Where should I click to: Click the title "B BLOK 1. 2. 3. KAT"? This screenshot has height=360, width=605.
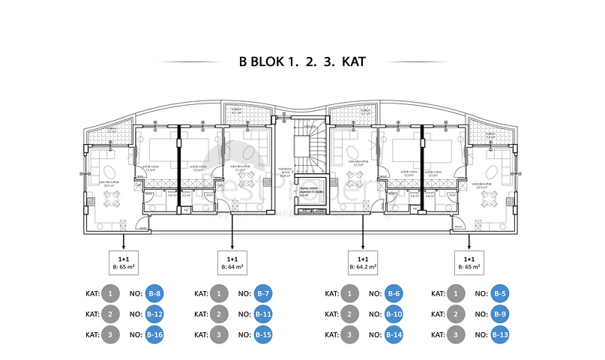click(x=302, y=61)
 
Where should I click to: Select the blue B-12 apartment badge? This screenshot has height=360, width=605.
click(x=154, y=314)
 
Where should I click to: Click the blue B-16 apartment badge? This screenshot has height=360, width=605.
click(x=154, y=334)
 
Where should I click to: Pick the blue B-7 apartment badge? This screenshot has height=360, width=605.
click(x=262, y=294)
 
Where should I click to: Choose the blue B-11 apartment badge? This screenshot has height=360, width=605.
click(x=262, y=314)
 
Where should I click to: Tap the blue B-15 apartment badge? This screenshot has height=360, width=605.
click(x=262, y=334)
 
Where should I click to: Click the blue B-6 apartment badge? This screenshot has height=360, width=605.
click(x=394, y=294)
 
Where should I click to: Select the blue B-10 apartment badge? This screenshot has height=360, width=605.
click(x=394, y=314)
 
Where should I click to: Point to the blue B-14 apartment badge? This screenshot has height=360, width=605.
click(x=394, y=334)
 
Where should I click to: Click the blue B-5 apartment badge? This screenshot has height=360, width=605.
click(x=502, y=294)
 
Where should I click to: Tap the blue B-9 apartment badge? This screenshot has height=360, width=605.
click(x=502, y=314)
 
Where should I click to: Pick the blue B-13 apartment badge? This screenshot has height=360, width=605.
click(x=502, y=334)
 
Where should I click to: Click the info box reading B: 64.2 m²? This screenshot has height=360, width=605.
click(x=363, y=262)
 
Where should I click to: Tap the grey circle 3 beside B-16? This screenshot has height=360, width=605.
click(x=110, y=334)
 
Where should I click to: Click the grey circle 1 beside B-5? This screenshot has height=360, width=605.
click(x=457, y=294)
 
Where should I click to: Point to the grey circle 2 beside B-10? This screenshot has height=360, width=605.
click(x=350, y=314)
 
